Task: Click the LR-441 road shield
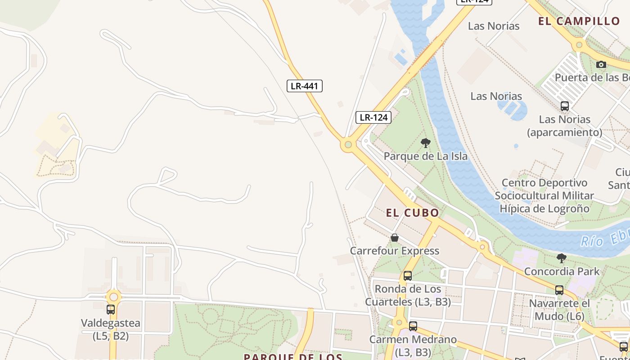[305, 85]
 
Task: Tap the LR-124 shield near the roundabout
[373, 117]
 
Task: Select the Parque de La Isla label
[425, 156]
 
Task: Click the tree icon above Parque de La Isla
[425, 144]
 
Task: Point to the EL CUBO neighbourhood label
[412, 213]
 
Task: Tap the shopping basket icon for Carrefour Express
[395, 238]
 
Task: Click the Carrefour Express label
[395, 251]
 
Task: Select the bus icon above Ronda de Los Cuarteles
[408, 276]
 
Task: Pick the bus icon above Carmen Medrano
[413, 326]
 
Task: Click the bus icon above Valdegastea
[111, 310]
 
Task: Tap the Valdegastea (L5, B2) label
[111, 329]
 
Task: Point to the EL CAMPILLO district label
[579, 21]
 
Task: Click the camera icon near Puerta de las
[601, 65]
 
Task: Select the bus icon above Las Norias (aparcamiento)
[565, 107]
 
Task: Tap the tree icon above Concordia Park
[561, 258]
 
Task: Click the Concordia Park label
[562, 271]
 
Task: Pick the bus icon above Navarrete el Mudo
[559, 290]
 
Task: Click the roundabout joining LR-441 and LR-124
[347, 145]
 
